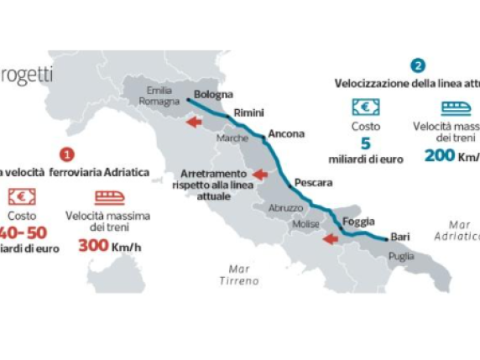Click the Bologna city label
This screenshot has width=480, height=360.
tap(213, 94)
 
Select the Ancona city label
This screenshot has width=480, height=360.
tap(286, 133)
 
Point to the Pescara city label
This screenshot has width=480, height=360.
tap(314, 181)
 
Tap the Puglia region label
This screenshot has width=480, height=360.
tap(401, 256)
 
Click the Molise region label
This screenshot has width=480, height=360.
tap(305, 225)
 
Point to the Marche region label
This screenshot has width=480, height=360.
tap(232, 138)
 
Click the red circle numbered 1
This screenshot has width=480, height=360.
tap(68, 154)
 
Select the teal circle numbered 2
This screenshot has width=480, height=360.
tap(418, 65)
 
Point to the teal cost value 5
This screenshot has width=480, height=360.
tap(365, 143)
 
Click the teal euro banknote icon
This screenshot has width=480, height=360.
tap(366, 107)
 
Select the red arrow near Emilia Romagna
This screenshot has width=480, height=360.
tap(194, 123)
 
